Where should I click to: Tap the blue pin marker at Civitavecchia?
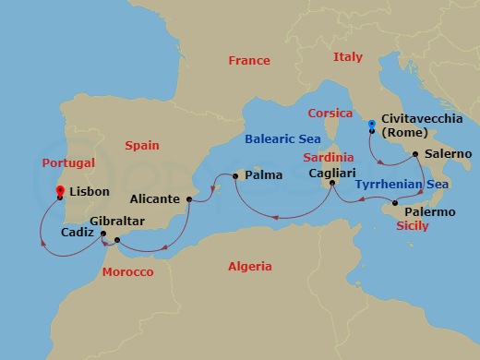coord(371,125)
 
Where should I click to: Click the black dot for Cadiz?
coord(103,234)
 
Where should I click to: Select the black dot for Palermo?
coord(395,203)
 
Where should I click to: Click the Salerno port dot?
coord(415,153)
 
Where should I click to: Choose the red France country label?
coord(248,61)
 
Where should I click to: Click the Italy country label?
coord(348,57)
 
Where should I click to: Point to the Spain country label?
coord(140,145)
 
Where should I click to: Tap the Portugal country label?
coord(69,162)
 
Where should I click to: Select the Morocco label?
coord(127,273)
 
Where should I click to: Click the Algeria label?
coord(250,267)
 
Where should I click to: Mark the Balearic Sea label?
coord(282,140)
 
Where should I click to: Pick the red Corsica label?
coord(331,113)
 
